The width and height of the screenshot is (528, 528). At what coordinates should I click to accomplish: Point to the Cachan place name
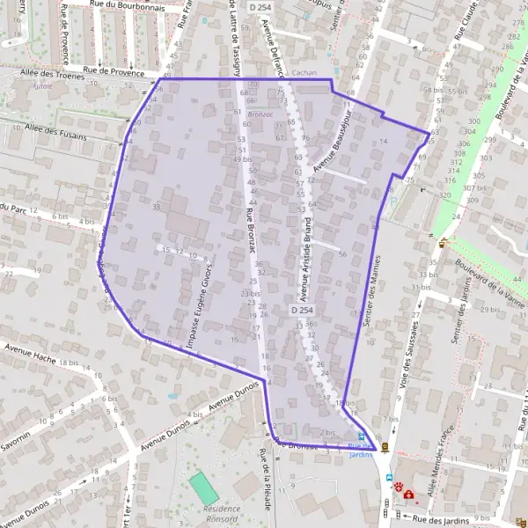coord(304,74)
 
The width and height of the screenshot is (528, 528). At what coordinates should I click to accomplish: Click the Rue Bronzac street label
coord(250,232)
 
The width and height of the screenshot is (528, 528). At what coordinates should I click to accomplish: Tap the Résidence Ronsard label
coord(222,513)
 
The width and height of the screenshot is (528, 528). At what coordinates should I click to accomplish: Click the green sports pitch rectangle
coord(203,488)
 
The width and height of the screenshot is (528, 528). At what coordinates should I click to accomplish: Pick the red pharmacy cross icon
coord(409,495)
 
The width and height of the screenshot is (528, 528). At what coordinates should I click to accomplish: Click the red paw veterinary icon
coord(399,485)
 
